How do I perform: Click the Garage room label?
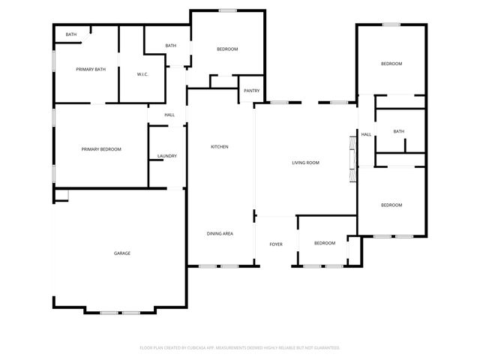tap(122, 253)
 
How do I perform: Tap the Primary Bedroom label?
tap(101, 149)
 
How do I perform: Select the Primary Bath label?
tap(91, 70)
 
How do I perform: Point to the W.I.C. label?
tap(144, 74)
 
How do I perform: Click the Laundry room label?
tap(166, 156)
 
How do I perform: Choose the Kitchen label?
tap(219, 146)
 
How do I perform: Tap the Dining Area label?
tap(220, 234)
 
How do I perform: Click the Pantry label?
tap(251, 91)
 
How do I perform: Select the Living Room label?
tap(305, 163)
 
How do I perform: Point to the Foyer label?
tap(276, 244)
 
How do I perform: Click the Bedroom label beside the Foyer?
tap(324, 243)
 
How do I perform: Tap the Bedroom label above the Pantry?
tap(227, 49)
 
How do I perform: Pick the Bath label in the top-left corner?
tap(70, 34)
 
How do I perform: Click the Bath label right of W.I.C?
tap(171, 46)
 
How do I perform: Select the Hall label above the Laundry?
tap(169, 115)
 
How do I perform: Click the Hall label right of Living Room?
tap(366, 135)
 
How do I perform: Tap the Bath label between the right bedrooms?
tap(398, 132)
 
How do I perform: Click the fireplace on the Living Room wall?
tap(351, 158)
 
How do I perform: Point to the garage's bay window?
tap(120, 311)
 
